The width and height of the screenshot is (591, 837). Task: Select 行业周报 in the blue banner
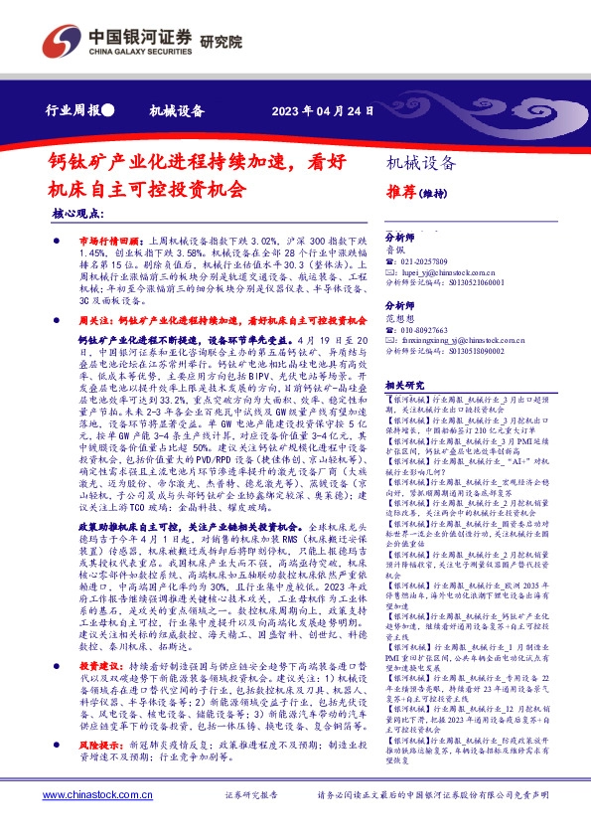74,110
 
